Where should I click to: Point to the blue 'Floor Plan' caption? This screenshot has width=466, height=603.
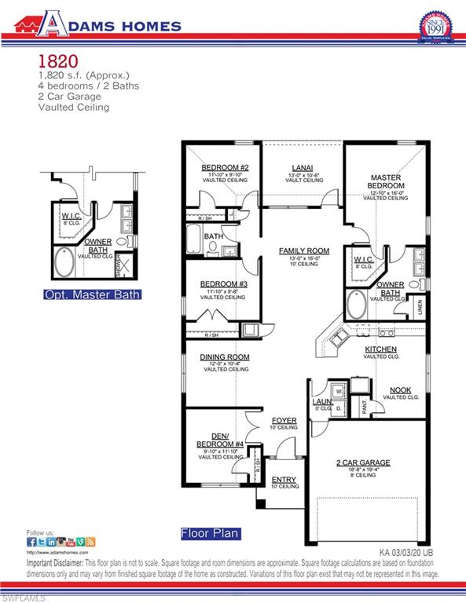point(210,534)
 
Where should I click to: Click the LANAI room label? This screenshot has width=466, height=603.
point(303,167)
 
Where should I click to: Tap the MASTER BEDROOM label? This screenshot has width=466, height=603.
point(386,181)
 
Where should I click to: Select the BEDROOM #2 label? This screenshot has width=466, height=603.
point(225,167)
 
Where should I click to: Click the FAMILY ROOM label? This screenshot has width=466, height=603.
point(303,250)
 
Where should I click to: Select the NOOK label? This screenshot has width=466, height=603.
point(401,389)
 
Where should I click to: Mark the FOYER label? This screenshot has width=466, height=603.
point(284,421)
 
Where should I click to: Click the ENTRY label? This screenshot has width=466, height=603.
point(284,479)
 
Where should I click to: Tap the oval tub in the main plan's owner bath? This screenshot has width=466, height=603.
point(356,303)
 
